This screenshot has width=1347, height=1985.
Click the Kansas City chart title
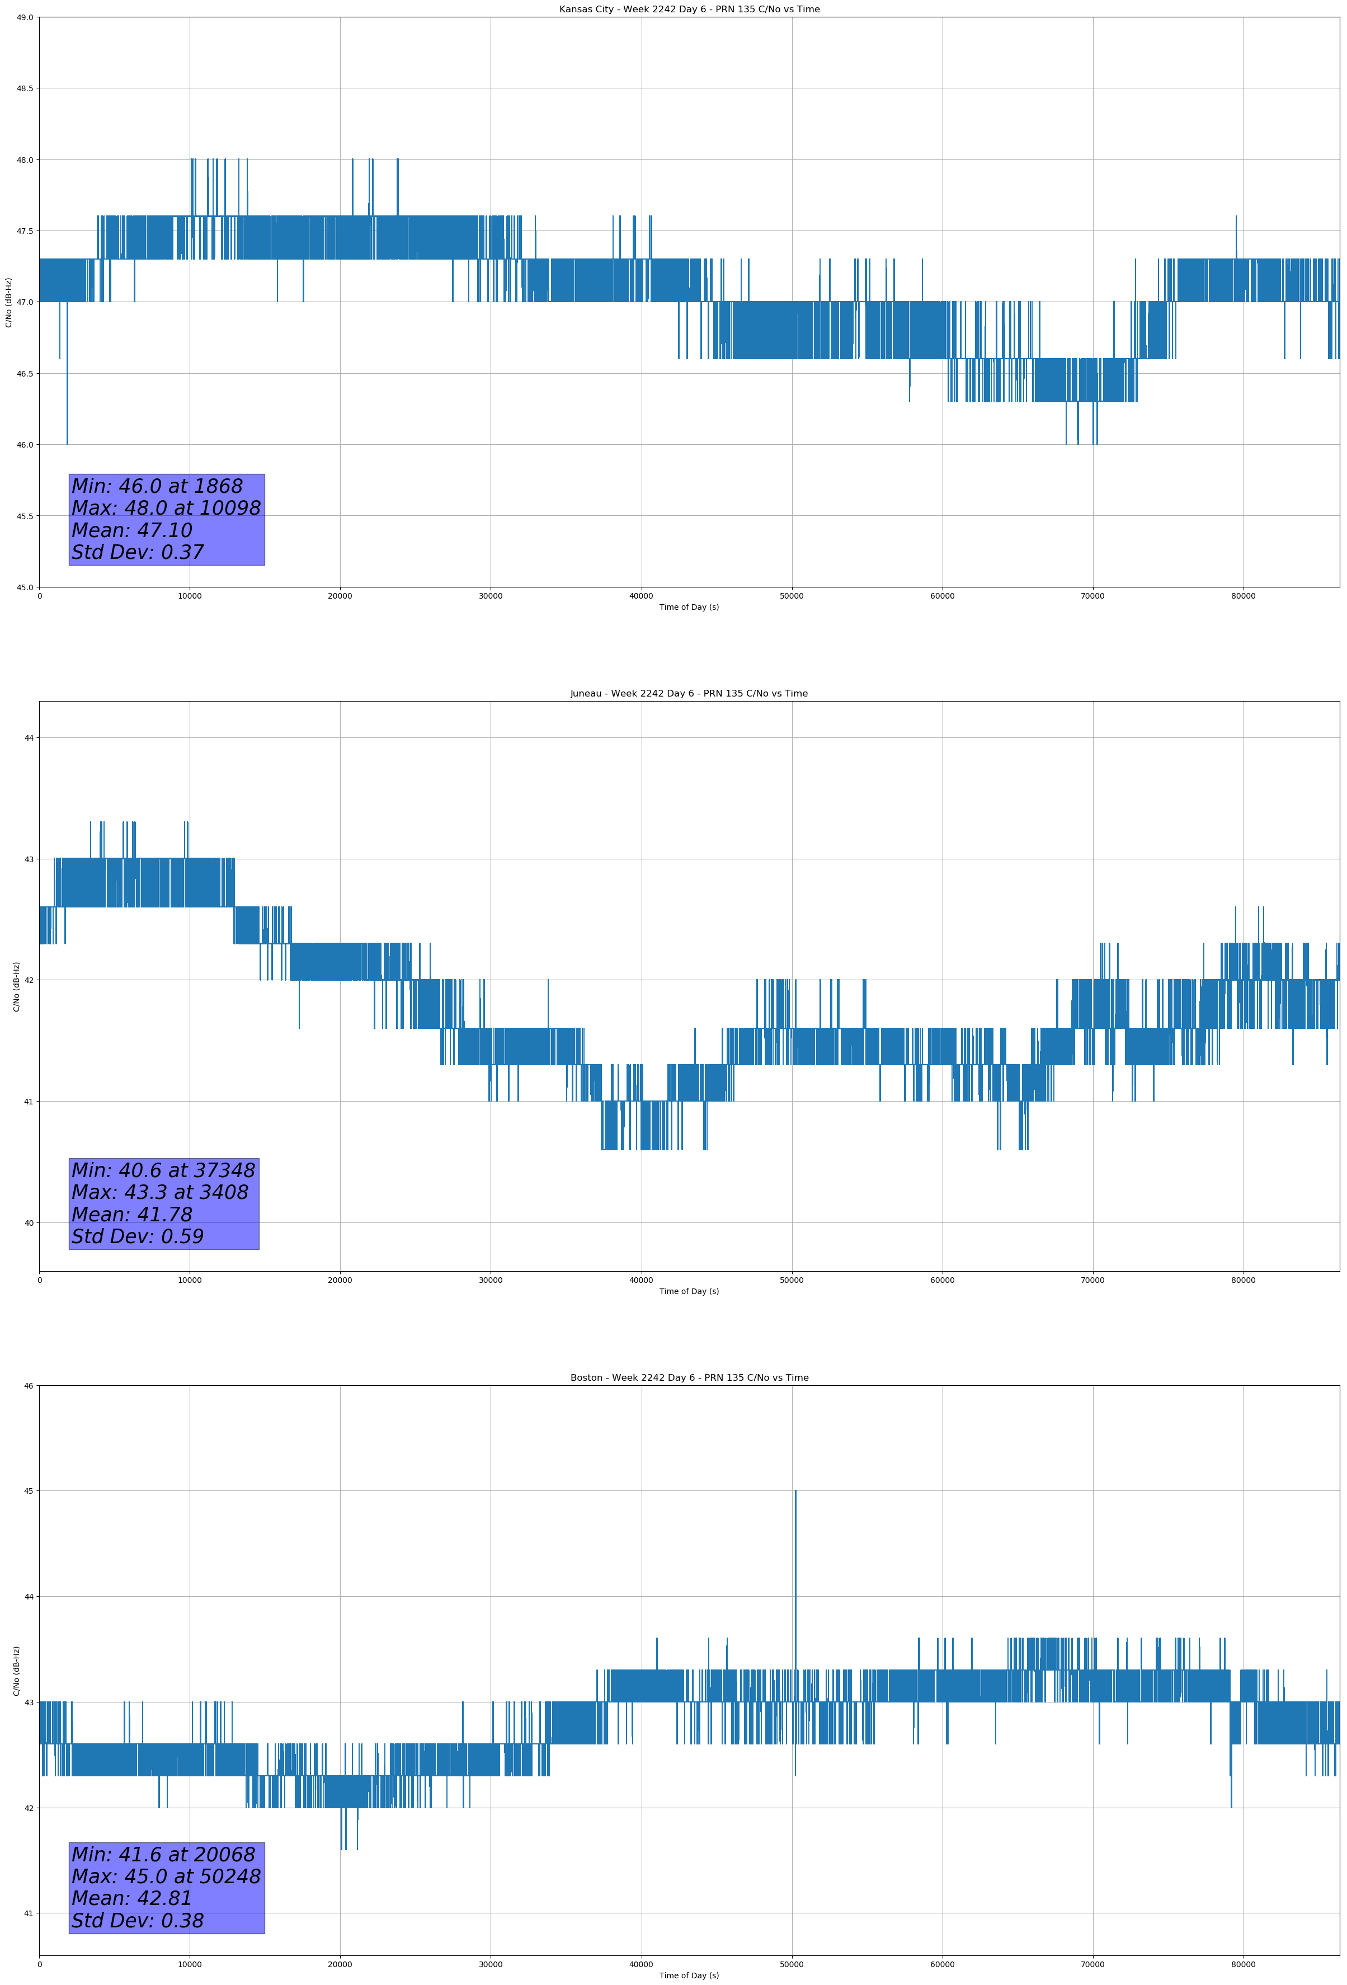(x=689, y=10)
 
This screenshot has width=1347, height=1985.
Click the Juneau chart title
(x=689, y=694)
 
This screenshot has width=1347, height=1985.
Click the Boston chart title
(x=689, y=1378)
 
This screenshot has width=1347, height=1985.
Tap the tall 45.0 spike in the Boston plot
(x=795, y=1537)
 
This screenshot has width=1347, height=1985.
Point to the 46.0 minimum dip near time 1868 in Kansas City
(x=68, y=427)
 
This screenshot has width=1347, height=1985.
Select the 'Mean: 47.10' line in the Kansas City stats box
(x=133, y=530)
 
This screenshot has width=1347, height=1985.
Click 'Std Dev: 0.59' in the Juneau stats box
(x=138, y=1236)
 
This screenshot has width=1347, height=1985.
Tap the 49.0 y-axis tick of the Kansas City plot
(x=25, y=17)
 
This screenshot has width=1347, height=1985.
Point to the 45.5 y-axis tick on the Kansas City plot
(x=25, y=516)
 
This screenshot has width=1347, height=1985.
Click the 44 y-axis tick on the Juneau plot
(x=29, y=738)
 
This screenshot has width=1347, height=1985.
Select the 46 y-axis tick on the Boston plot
(x=29, y=1385)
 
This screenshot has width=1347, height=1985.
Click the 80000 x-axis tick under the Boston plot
(x=1243, y=1964)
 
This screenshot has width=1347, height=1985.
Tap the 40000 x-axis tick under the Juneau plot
(x=640, y=1280)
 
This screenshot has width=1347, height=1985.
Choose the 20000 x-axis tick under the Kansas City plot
(x=340, y=596)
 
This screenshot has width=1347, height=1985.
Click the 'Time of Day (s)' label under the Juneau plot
(x=689, y=1291)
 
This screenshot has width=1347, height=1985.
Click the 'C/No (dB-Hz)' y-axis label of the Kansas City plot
(x=8, y=302)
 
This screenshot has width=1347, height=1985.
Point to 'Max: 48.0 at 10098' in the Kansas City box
(x=166, y=508)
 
